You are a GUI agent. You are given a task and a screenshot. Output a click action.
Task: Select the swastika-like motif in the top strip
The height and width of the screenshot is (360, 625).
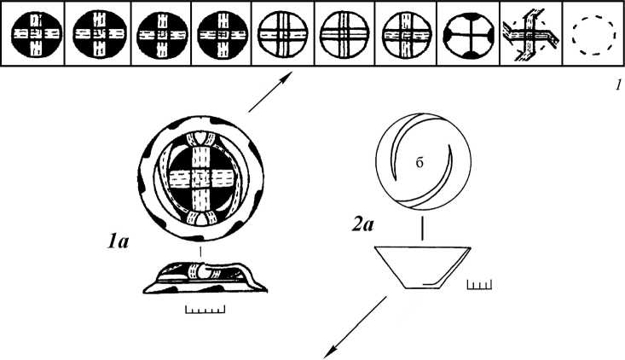point(528,38)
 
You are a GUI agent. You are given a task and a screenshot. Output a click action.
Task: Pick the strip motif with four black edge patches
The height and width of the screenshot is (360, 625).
point(465,38)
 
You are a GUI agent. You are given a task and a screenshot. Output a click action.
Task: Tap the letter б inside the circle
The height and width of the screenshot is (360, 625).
point(420,165)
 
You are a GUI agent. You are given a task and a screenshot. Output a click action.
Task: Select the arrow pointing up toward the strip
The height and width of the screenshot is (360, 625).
point(267,92)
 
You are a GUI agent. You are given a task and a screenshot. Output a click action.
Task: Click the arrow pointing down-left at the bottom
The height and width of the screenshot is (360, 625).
point(356,322)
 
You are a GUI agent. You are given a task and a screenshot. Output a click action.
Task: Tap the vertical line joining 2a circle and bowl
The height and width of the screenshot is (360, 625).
point(423,229)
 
